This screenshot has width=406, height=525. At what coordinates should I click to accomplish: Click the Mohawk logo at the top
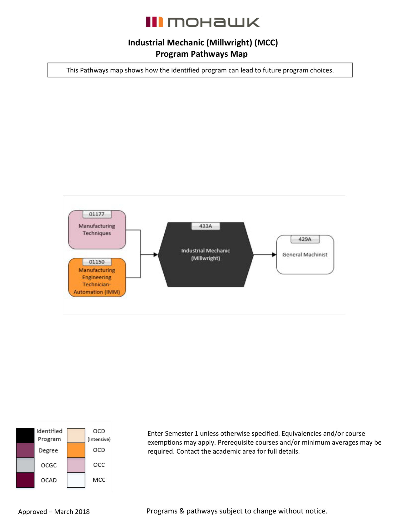pos(203,22)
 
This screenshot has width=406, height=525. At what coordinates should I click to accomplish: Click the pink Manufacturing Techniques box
pos(97,232)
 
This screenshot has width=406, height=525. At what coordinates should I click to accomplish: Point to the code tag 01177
pos(97,214)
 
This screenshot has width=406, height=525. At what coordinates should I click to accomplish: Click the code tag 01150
pos(97,262)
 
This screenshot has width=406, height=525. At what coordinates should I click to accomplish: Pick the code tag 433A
pos(206,226)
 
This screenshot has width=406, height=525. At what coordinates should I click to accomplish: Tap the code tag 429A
pos(305,239)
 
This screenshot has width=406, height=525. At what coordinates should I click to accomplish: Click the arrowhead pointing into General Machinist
pos(274,254)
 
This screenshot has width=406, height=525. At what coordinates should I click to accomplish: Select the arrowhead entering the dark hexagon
pos(155,254)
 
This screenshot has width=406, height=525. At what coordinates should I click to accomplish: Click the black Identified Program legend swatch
pos(25,435)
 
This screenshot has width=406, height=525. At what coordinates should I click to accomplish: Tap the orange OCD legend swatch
pos(76,450)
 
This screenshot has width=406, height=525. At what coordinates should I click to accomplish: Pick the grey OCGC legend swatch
pos(25,465)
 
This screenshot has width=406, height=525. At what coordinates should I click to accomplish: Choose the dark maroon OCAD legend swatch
pos(25,480)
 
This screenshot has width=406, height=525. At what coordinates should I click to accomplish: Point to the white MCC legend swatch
pos(76,480)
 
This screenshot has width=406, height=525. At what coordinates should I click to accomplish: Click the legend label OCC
pos(99,465)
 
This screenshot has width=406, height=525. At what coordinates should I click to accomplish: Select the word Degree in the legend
pos(48,450)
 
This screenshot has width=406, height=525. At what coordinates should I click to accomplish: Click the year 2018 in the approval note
pos(82,512)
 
